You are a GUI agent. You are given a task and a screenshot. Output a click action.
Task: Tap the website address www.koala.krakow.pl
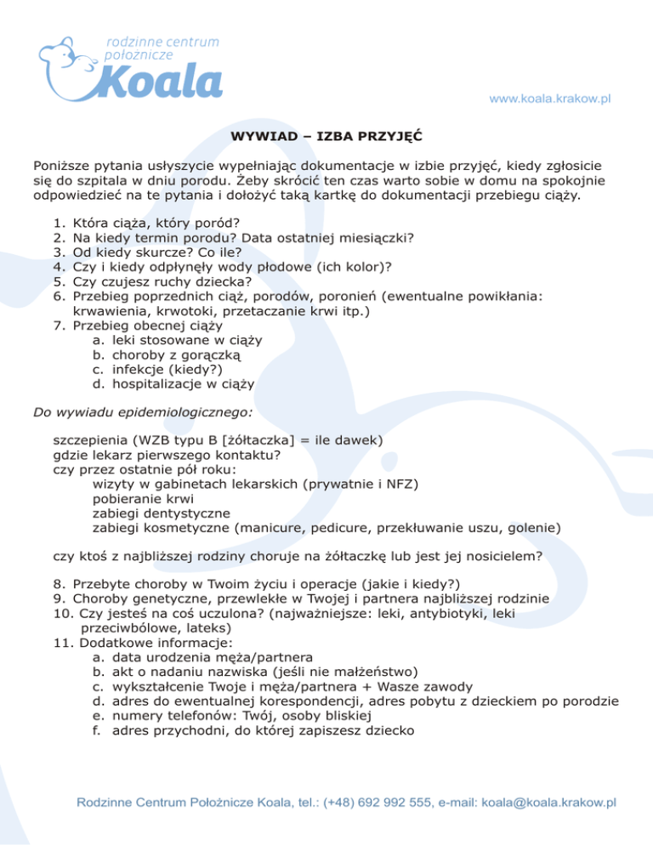click(x=550, y=99)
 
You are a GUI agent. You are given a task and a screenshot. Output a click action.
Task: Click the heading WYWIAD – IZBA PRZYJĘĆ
click(x=326, y=135)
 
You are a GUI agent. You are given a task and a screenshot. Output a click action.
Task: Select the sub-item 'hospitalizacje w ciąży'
click(x=184, y=383)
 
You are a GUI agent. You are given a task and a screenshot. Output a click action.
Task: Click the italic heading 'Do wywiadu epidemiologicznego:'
click(x=143, y=413)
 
